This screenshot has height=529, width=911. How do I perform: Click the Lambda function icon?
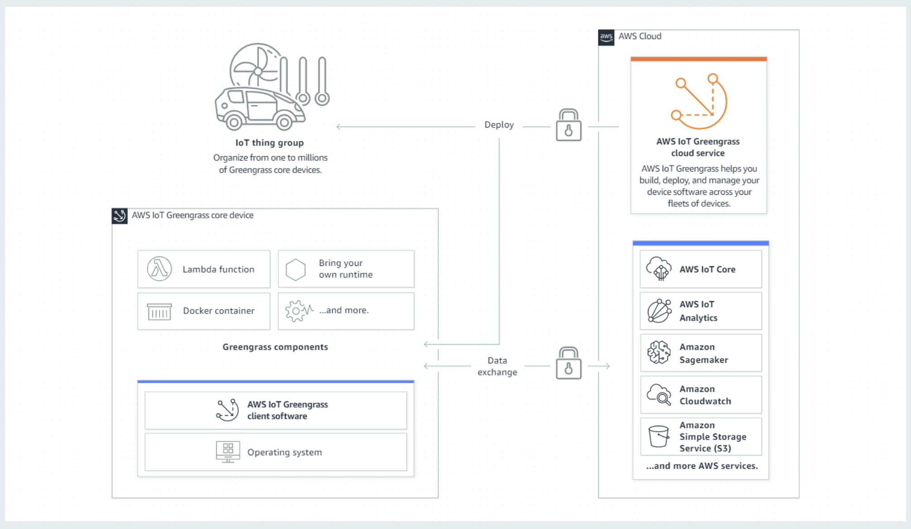(159, 269)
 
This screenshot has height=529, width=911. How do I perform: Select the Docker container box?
(204, 311)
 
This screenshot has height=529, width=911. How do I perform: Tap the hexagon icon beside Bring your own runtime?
(296, 269)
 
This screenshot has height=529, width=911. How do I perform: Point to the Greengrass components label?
(275, 347)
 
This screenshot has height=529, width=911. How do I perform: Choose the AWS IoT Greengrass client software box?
(275, 410)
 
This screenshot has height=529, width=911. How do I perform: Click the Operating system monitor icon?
(228, 452)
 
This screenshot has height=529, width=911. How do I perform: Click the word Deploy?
(499, 125)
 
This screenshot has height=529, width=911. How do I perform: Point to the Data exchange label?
(497, 366)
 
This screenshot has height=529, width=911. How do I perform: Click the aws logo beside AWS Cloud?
(606, 37)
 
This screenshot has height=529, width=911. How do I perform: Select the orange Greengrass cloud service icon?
(699, 101)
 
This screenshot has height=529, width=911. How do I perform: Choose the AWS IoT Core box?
(700, 269)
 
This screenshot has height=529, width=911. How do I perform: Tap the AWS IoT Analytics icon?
(659, 311)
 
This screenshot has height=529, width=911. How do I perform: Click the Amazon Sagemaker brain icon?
(659, 353)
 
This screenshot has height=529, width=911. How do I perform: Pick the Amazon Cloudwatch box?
(700, 395)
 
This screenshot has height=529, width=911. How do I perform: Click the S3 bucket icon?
(659, 437)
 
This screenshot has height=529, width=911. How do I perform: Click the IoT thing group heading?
(269, 143)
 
